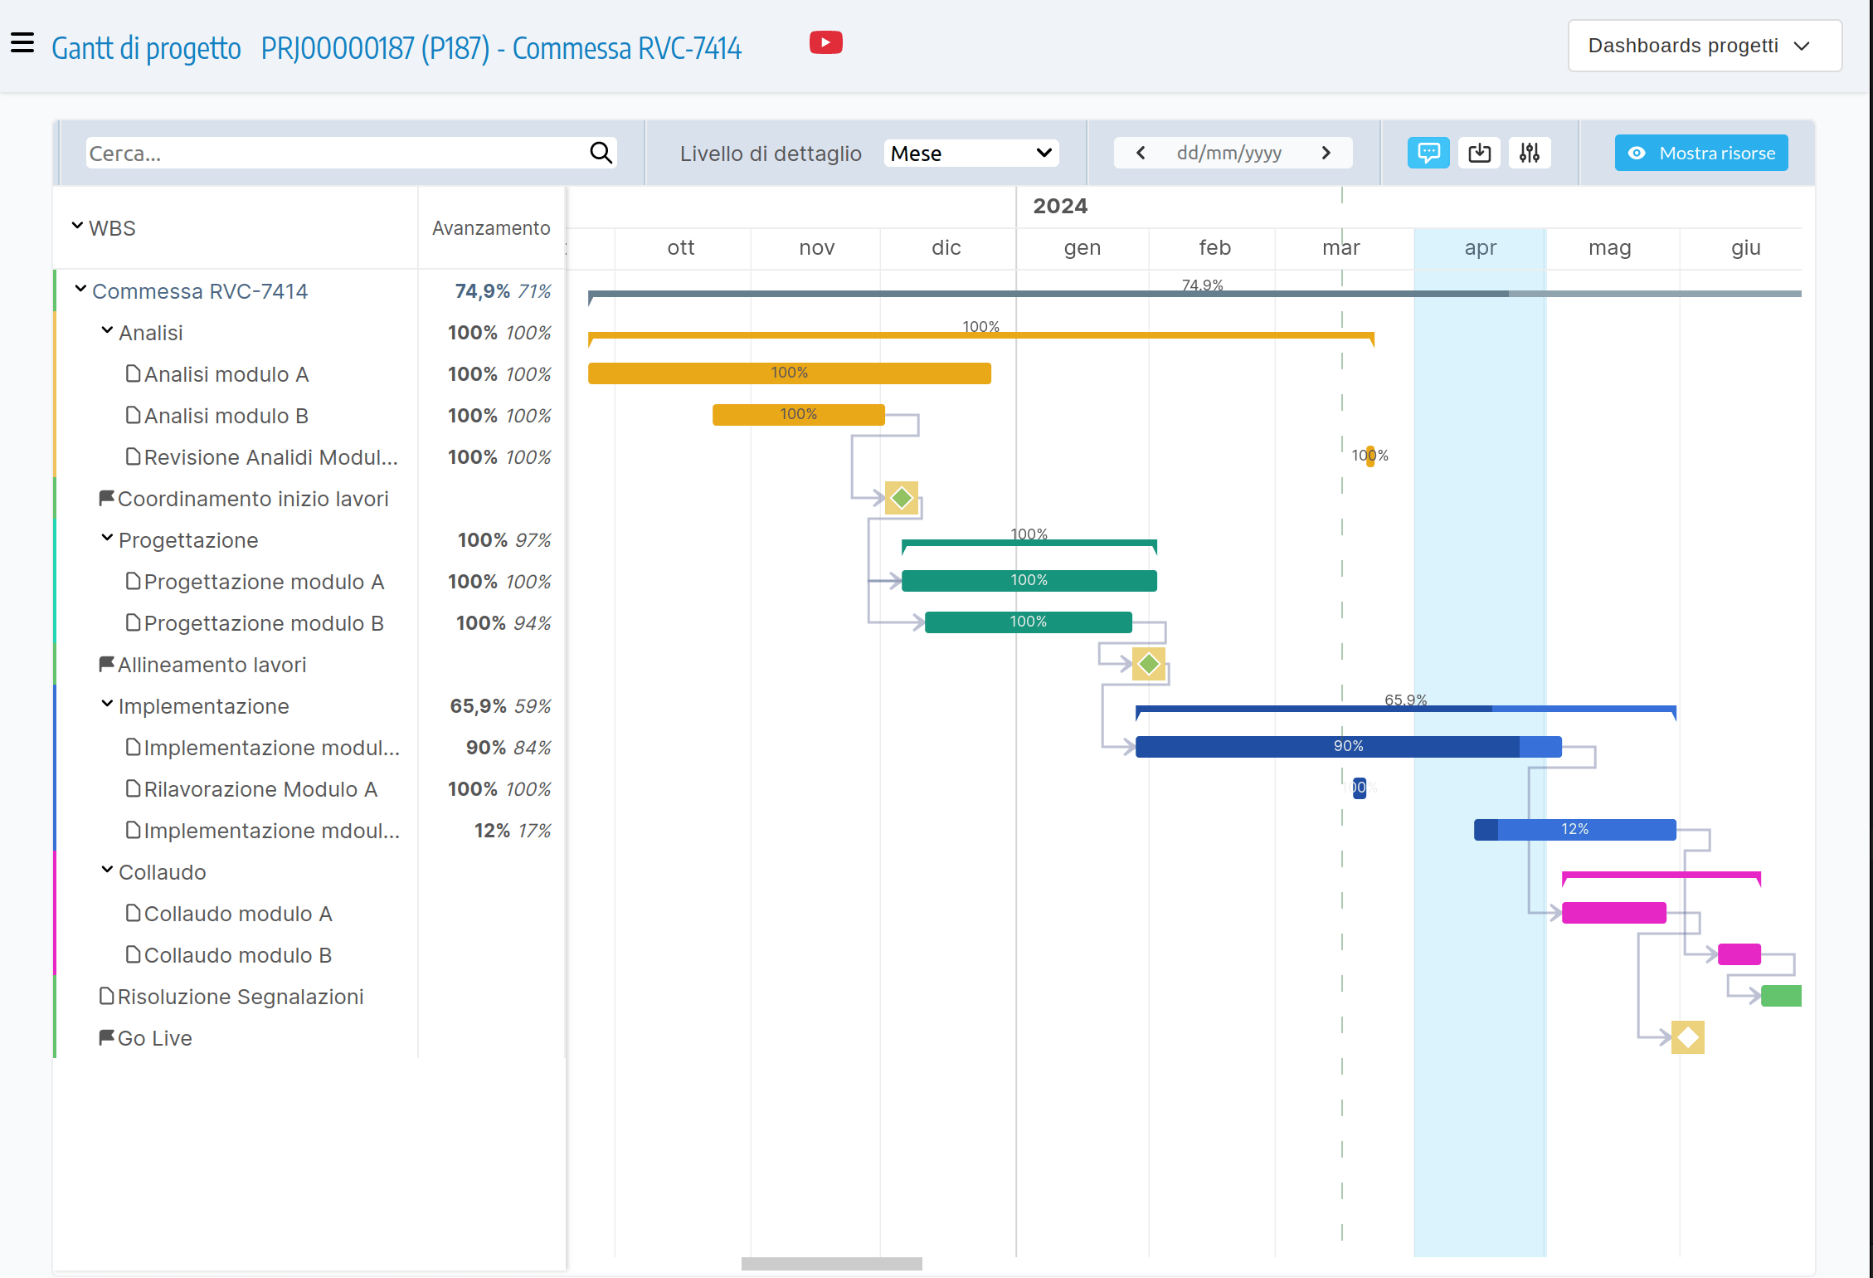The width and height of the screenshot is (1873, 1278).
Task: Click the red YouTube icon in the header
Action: pyautogui.click(x=825, y=42)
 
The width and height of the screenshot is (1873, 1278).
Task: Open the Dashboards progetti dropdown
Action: pyautogui.click(x=1704, y=46)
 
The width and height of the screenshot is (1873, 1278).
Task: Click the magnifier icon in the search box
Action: pyautogui.click(x=601, y=153)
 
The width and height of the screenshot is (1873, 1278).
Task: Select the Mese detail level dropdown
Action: pyautogui.click(x=971, y=154)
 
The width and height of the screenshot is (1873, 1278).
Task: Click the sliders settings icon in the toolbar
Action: pyautogui.click(x=1529, y=153)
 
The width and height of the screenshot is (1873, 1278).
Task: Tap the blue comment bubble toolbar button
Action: pyautogui.click(x=1428, y=153)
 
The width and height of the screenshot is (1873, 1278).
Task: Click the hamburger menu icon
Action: pyautogui.click(x=22, y=42)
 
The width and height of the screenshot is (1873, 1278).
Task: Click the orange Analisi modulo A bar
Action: pyautogui.click(x=789, y=373)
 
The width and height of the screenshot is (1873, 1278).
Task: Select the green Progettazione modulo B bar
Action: pyautogui.click(x=1028, y=622)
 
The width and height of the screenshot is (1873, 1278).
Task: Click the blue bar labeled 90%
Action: pyautogui.click(x=1348, y=747)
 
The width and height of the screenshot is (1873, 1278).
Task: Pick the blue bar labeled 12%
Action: pyautogui.click(x=1574, y=830)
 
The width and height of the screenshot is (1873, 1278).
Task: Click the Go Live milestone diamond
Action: pyautogui.click(x=1687, y=1037)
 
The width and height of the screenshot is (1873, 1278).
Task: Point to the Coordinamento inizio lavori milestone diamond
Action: pyautogui.click(x=902, y=498)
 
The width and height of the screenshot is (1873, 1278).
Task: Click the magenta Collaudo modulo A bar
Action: pyautogui.click(x=1613, y=913)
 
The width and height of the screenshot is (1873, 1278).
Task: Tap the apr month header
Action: pyautogui.click(x=1480, y=248)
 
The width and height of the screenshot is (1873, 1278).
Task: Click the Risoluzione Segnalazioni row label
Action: pyautogui.click(x=240, y=997)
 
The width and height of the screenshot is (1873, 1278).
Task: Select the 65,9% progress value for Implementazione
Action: pyautogui.click(x=478, y=706)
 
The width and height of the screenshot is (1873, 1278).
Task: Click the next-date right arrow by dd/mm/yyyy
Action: pyautogui.click(x=1326, y=153)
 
